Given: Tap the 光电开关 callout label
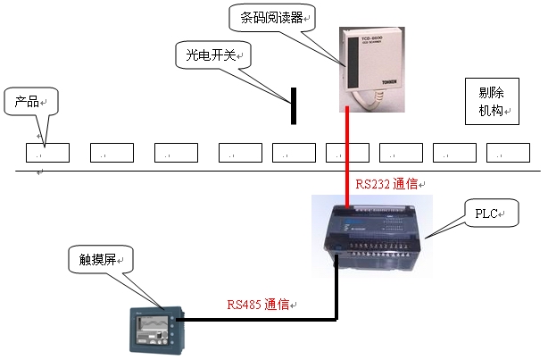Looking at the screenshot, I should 212,55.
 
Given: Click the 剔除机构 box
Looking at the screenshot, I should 491,102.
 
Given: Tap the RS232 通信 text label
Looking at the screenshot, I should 390,184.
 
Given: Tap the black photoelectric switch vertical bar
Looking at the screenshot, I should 292,106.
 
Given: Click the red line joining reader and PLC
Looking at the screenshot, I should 347,152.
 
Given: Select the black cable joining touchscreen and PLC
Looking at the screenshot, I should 268,317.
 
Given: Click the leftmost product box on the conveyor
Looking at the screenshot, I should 46,152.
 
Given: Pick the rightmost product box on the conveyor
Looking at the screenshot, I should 508,152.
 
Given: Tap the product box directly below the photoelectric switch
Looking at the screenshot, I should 294,152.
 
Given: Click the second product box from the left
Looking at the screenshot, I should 112,152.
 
